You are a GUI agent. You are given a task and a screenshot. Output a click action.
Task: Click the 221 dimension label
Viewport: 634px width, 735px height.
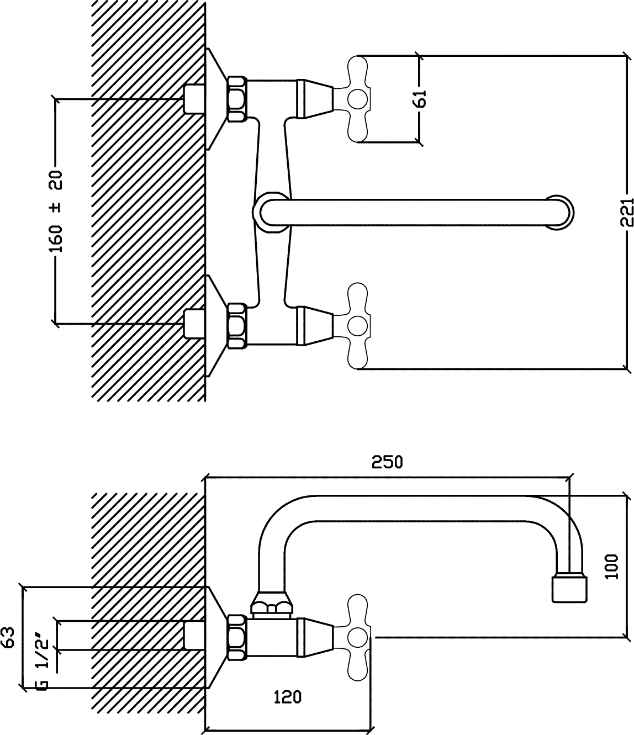[x=627, y=212]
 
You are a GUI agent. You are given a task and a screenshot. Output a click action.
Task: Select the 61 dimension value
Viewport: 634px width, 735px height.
[x=420, y=98]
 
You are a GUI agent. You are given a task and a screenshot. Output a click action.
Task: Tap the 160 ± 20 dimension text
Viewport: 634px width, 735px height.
[x=56, y=211]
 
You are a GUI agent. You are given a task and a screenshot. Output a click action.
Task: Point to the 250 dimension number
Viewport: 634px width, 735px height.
[x=387, y=462]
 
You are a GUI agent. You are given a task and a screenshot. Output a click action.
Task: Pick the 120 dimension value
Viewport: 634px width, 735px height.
[x=288, y=687]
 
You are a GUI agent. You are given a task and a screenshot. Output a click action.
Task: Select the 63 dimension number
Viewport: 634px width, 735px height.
[x=8, y=638]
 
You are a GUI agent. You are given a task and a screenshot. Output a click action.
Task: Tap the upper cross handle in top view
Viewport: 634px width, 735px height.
[x=358, y=99]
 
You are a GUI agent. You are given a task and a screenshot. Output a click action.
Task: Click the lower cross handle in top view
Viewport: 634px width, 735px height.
[x=358, y=326]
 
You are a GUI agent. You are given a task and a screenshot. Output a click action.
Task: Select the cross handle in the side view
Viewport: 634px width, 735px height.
[x=358, y=638]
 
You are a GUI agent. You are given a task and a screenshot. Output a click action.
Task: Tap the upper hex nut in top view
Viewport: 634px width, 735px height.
[x=237, y=99]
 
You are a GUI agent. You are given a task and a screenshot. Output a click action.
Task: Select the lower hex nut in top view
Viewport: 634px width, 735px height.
[x=237, y=325]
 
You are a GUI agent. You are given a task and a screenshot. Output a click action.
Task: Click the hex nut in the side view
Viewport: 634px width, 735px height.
[x=237, y=638]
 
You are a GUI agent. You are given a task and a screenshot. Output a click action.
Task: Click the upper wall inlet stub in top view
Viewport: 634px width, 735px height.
[x=194, y=99]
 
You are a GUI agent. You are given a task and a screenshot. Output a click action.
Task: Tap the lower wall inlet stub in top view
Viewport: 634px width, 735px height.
[x=194, y=324]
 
